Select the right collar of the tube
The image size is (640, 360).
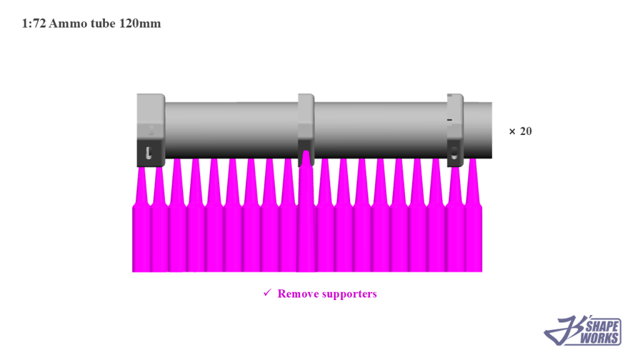pos(455,128)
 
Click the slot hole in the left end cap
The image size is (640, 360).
pos(148,152)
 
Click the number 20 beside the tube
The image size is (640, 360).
pos(526,131)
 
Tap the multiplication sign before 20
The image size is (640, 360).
pos(512,131)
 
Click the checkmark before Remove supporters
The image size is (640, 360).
pos(267,293)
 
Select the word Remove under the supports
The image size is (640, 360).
pos(297,294)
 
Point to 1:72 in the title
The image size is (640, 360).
pos(34,24)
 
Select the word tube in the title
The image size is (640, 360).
pos(102,24)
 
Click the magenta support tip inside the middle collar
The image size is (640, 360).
pos(306,157)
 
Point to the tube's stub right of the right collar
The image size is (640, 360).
pos(477,129)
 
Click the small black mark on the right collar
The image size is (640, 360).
pos(449,119)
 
